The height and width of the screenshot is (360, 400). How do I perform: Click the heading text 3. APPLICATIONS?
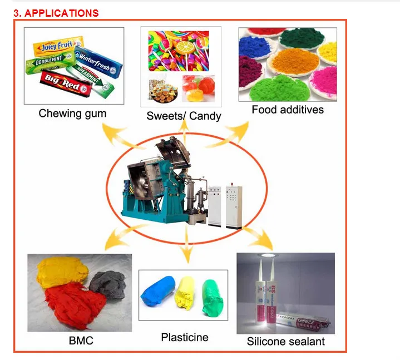click(56, 13)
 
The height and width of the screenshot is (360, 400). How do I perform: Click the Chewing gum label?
click(72, 114)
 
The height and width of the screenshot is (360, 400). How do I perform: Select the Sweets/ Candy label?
click(184, 116)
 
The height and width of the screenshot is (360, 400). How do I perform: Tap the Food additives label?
click(287, 110)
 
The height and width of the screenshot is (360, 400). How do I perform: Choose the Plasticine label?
click(185, 337)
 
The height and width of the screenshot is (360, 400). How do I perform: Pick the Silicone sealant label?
click(285, 341)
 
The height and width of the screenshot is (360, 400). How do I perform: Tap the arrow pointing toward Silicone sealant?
click(256, 236)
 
